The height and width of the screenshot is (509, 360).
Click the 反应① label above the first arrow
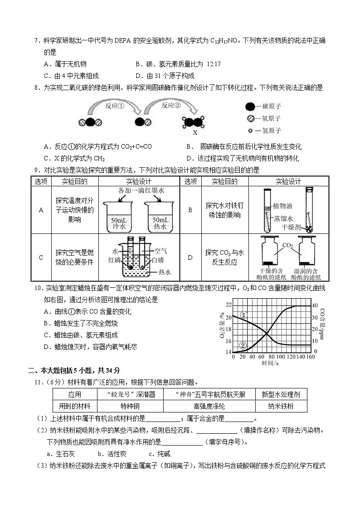115,106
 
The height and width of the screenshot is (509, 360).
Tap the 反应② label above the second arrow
171,106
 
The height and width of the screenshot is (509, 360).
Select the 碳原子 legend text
272,107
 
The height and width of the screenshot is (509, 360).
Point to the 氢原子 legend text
272,131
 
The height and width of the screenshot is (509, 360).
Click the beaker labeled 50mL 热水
161,213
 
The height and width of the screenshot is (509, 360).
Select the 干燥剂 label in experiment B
291,226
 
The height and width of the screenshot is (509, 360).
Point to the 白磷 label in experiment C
158,260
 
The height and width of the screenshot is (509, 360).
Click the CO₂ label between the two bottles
287,245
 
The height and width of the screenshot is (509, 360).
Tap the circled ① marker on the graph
243,315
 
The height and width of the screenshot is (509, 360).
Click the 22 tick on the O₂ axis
229,305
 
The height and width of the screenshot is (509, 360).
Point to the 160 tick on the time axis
311,357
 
